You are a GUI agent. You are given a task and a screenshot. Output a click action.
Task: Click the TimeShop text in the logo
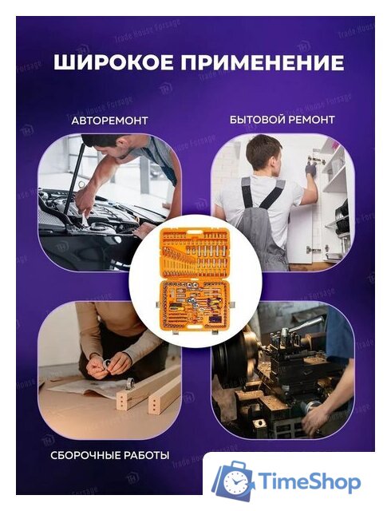(312, 482)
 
